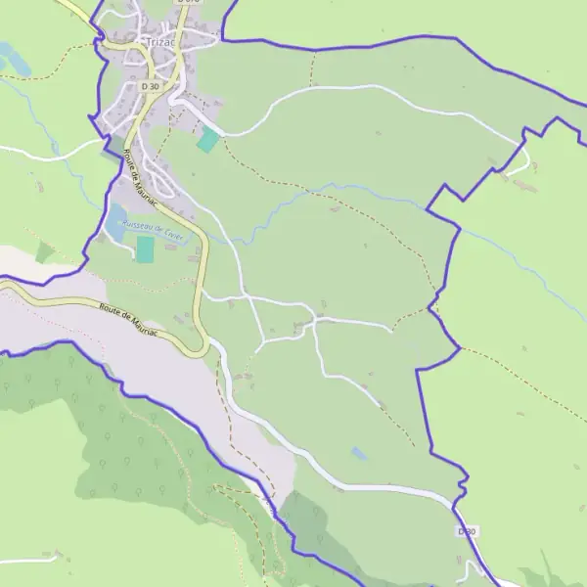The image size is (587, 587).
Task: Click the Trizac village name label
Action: [x=157, y=42]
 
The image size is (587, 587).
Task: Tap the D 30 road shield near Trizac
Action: [x=150, y=86]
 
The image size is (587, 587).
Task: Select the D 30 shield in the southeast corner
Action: [x=468, y=531]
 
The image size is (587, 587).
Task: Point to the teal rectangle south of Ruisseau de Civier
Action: [x=145, y=248]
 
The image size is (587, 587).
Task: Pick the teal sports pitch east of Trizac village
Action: [x=208, y=140]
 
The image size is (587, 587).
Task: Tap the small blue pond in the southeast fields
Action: [x=360, y=454]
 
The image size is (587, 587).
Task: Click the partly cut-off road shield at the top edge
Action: [x=189, y=3]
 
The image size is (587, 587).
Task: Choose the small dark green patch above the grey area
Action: [x=45, y=252]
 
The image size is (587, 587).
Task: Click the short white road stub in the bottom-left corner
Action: [x=29, y=560]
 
